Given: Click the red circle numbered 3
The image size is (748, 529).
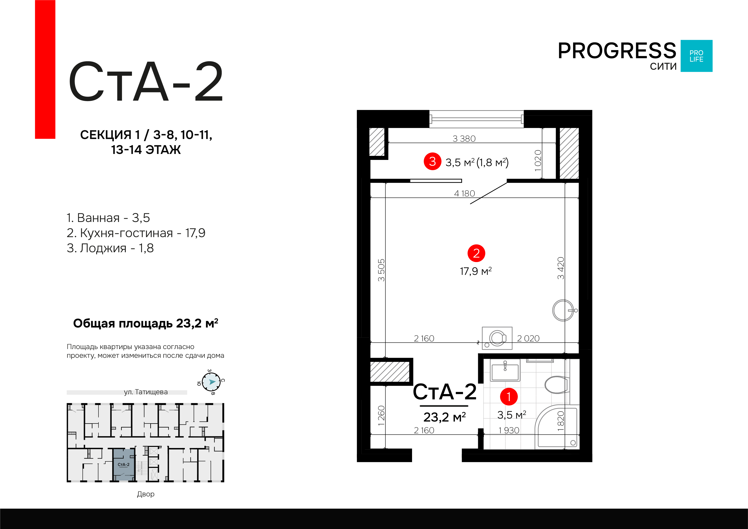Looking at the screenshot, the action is coord(432,161).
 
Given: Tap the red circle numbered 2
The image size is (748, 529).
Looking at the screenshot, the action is coord(476,253).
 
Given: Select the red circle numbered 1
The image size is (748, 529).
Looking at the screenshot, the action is coord(509,397).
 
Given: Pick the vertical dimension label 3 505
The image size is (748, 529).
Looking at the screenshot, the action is coord(381,270).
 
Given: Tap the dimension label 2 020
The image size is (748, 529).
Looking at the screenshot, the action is coord(528,339).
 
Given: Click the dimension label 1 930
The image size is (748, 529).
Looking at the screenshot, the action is coord(509,430).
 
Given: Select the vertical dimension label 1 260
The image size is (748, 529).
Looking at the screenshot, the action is coord(381,416).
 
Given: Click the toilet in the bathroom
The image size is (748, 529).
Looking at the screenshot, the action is coord(557,385).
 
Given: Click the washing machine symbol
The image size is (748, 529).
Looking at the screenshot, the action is coord(497,338).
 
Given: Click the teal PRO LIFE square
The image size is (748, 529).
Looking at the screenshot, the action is coord(697,56).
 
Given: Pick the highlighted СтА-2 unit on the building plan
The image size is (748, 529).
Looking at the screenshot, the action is coord(123,464).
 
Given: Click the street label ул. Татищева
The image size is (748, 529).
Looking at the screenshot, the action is coord(146,392).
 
